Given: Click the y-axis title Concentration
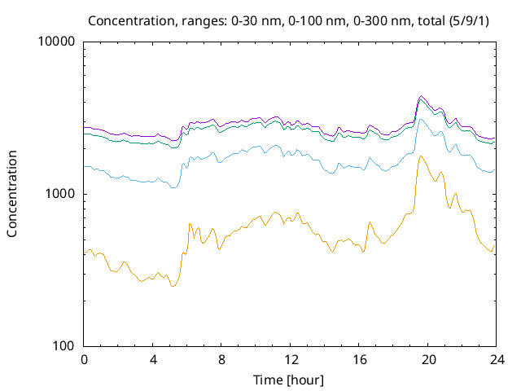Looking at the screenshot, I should [12, 194].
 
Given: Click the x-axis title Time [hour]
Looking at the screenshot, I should [291, 380].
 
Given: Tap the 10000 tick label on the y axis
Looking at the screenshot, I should [57, 42].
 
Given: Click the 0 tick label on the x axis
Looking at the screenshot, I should [84, 360].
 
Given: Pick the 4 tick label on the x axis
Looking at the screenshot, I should [153, 360].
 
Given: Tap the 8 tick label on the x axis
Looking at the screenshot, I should [221, 360].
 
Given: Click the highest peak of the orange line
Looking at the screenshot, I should [420, 156].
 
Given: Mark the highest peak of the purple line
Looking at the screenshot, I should [420, 95].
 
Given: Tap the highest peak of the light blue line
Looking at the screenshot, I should [420, 120].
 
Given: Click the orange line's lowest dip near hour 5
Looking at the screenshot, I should [172, 286].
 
